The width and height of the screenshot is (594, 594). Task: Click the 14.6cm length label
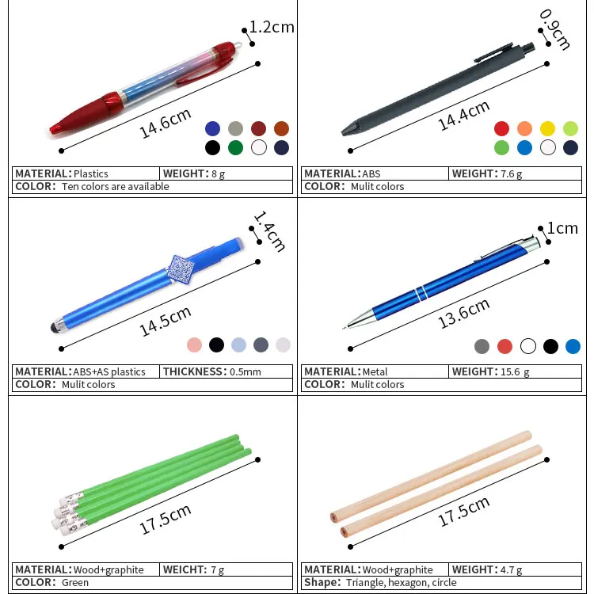166,124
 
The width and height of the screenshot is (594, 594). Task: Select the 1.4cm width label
268,231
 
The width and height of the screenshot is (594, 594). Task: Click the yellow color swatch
547,128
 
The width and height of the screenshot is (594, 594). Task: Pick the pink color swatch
194,345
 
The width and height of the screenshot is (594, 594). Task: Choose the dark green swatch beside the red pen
235,147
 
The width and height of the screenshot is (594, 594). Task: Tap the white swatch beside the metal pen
527,346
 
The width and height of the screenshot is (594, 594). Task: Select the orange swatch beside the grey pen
524,128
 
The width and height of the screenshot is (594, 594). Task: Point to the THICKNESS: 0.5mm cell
226,371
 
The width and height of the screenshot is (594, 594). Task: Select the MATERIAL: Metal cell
374,371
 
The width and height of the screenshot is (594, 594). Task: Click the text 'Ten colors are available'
116,187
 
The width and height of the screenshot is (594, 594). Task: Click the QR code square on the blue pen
181,269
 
